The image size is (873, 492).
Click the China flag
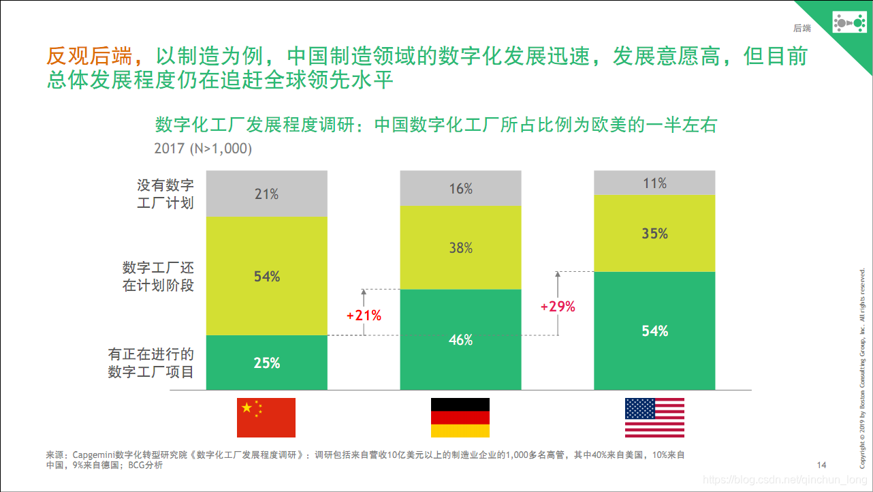(266, 417)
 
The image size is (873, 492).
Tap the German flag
(460, 417)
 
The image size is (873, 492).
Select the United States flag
(654, 417)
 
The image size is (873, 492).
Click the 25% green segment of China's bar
(266, 363)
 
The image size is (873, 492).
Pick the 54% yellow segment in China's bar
(266, 276)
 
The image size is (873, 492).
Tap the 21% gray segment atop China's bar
(266, 194)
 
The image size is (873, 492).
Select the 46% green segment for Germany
(460, 339)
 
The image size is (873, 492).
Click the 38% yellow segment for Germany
(460, 247)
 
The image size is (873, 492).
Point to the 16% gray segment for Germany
(460, 189)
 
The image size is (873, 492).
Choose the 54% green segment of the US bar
(654, 330)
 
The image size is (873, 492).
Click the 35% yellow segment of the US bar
(654, 233)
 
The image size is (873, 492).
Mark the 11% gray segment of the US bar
(654, 183)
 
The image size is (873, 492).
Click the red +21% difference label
(364, 316)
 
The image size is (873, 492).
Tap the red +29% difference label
(558, 307)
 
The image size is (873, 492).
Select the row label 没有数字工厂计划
(165, 194)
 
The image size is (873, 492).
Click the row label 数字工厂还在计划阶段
(158, 276)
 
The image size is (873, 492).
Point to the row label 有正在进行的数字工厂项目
(151, 363)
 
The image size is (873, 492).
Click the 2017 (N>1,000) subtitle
(203, 148)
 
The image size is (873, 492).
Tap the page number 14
(821, 465)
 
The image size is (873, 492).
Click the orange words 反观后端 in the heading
(90, 56)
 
